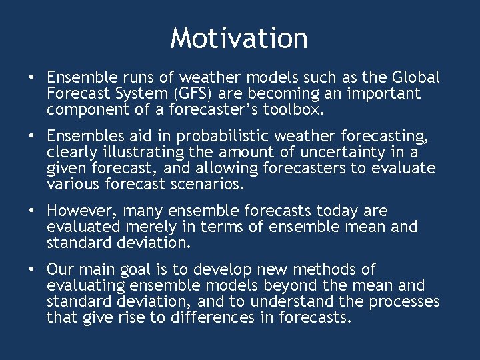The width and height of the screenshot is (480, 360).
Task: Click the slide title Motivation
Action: (x=239, y=38)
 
